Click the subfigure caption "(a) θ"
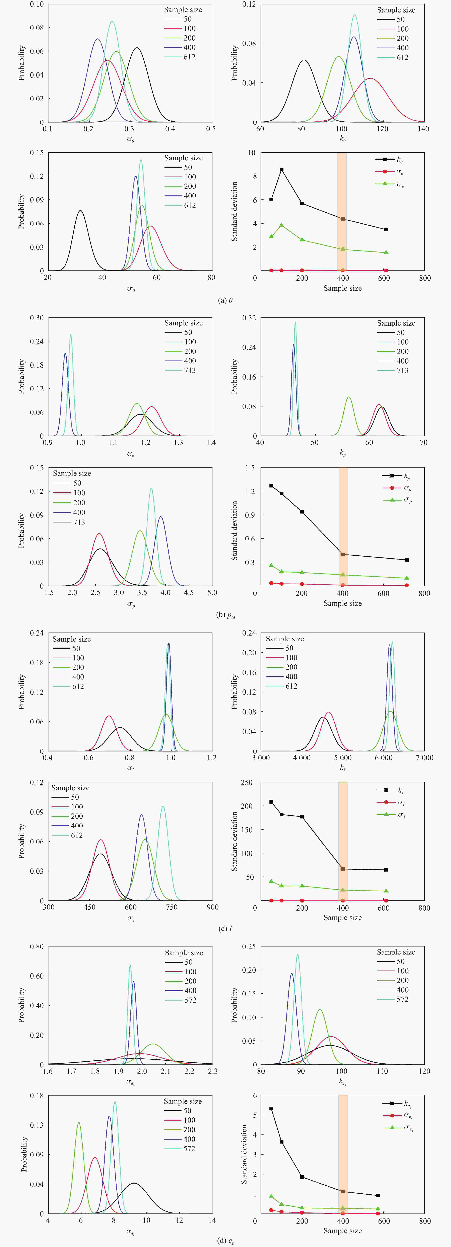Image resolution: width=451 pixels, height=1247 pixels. [225, 300]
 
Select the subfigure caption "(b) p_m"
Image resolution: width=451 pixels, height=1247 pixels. [225, 615]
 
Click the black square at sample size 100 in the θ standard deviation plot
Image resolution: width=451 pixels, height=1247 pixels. [281, 169]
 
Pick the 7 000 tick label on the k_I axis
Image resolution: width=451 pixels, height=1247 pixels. [424, 758]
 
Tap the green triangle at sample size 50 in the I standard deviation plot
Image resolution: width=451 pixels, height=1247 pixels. [271, 881]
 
